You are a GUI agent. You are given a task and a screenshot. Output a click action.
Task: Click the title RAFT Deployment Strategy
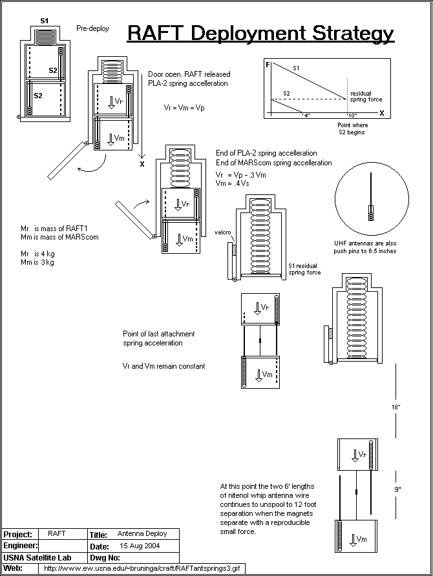(260, 34)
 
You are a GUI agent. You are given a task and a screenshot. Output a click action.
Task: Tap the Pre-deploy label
(92, 28)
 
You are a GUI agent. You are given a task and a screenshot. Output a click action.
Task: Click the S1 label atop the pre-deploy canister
(44, 21)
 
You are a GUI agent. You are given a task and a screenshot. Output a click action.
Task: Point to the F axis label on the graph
(268, 66)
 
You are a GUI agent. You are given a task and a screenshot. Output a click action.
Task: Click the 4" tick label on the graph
(306, 115)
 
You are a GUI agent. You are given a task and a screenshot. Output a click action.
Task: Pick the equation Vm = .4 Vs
(232, 184)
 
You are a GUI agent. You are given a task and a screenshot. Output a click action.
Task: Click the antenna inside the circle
(371, 194)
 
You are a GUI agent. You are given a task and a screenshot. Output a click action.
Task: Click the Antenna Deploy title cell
(142, 534)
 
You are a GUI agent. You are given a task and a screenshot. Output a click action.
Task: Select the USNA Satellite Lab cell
(37, 557)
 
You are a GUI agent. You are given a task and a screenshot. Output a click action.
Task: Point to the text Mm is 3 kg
(38, 263)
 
